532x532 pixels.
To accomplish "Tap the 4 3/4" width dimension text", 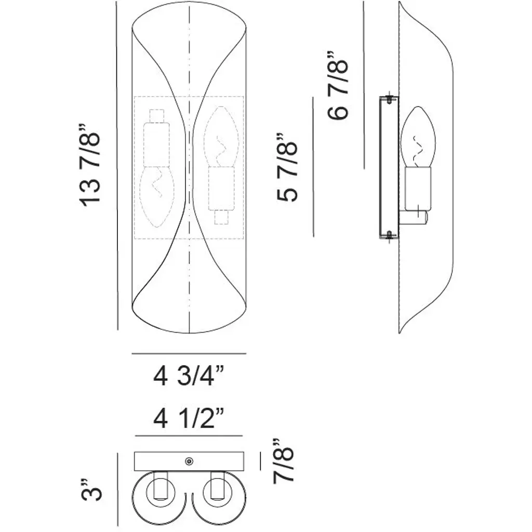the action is pos(189,376).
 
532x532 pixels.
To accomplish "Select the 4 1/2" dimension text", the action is pos(189,418).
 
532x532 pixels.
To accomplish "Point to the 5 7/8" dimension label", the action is pos(287,168).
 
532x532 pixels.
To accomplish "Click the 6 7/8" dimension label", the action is pos(338,86).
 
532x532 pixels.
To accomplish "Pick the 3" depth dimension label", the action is pos(91,489).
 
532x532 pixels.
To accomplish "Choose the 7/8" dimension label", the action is pos(283,460).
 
